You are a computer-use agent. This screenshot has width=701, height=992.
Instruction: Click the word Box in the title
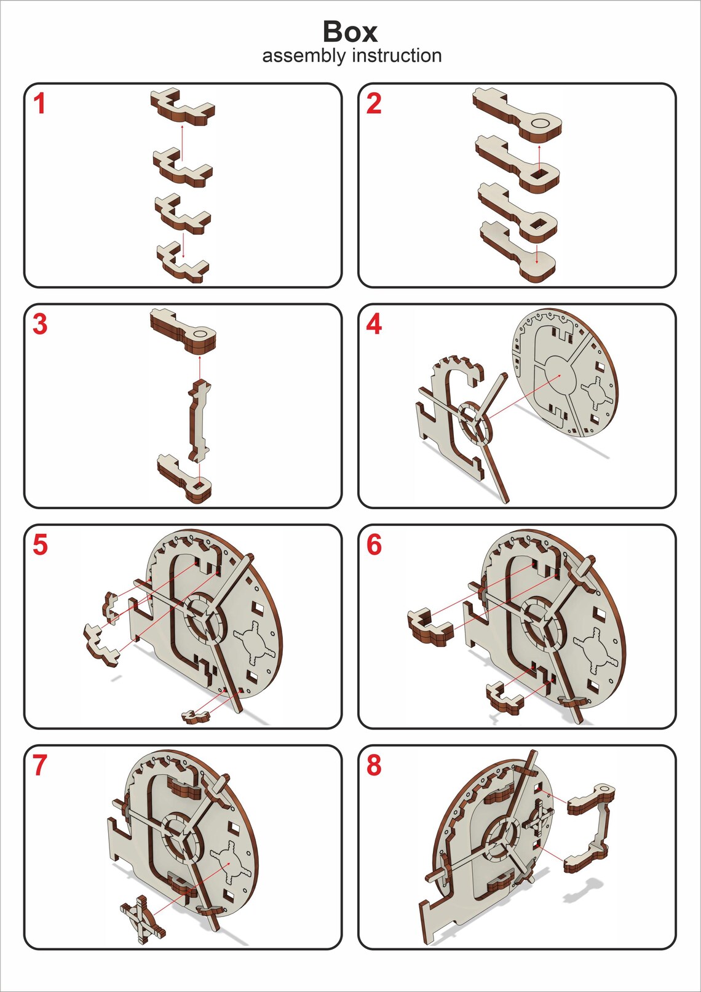(x=350, y=32)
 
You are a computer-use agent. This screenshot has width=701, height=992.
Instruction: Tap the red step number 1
(x=39, y=104)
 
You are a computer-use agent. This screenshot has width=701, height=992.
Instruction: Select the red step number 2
(x=374, y=104)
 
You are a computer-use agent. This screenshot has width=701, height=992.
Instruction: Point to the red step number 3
(x=40, y=324)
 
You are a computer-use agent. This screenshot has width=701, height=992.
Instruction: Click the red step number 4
(x=374, y=324)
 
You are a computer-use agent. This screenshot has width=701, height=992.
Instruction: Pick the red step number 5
(x=40, y=545)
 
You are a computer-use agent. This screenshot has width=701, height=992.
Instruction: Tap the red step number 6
(x=374, y=545)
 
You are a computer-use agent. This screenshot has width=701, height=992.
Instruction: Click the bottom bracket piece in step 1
(x=183, y=266)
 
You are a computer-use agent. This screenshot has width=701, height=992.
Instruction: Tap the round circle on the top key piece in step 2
(x=541, y=122)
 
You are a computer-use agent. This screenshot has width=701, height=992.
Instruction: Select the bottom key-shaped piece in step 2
(x=518, y=252)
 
